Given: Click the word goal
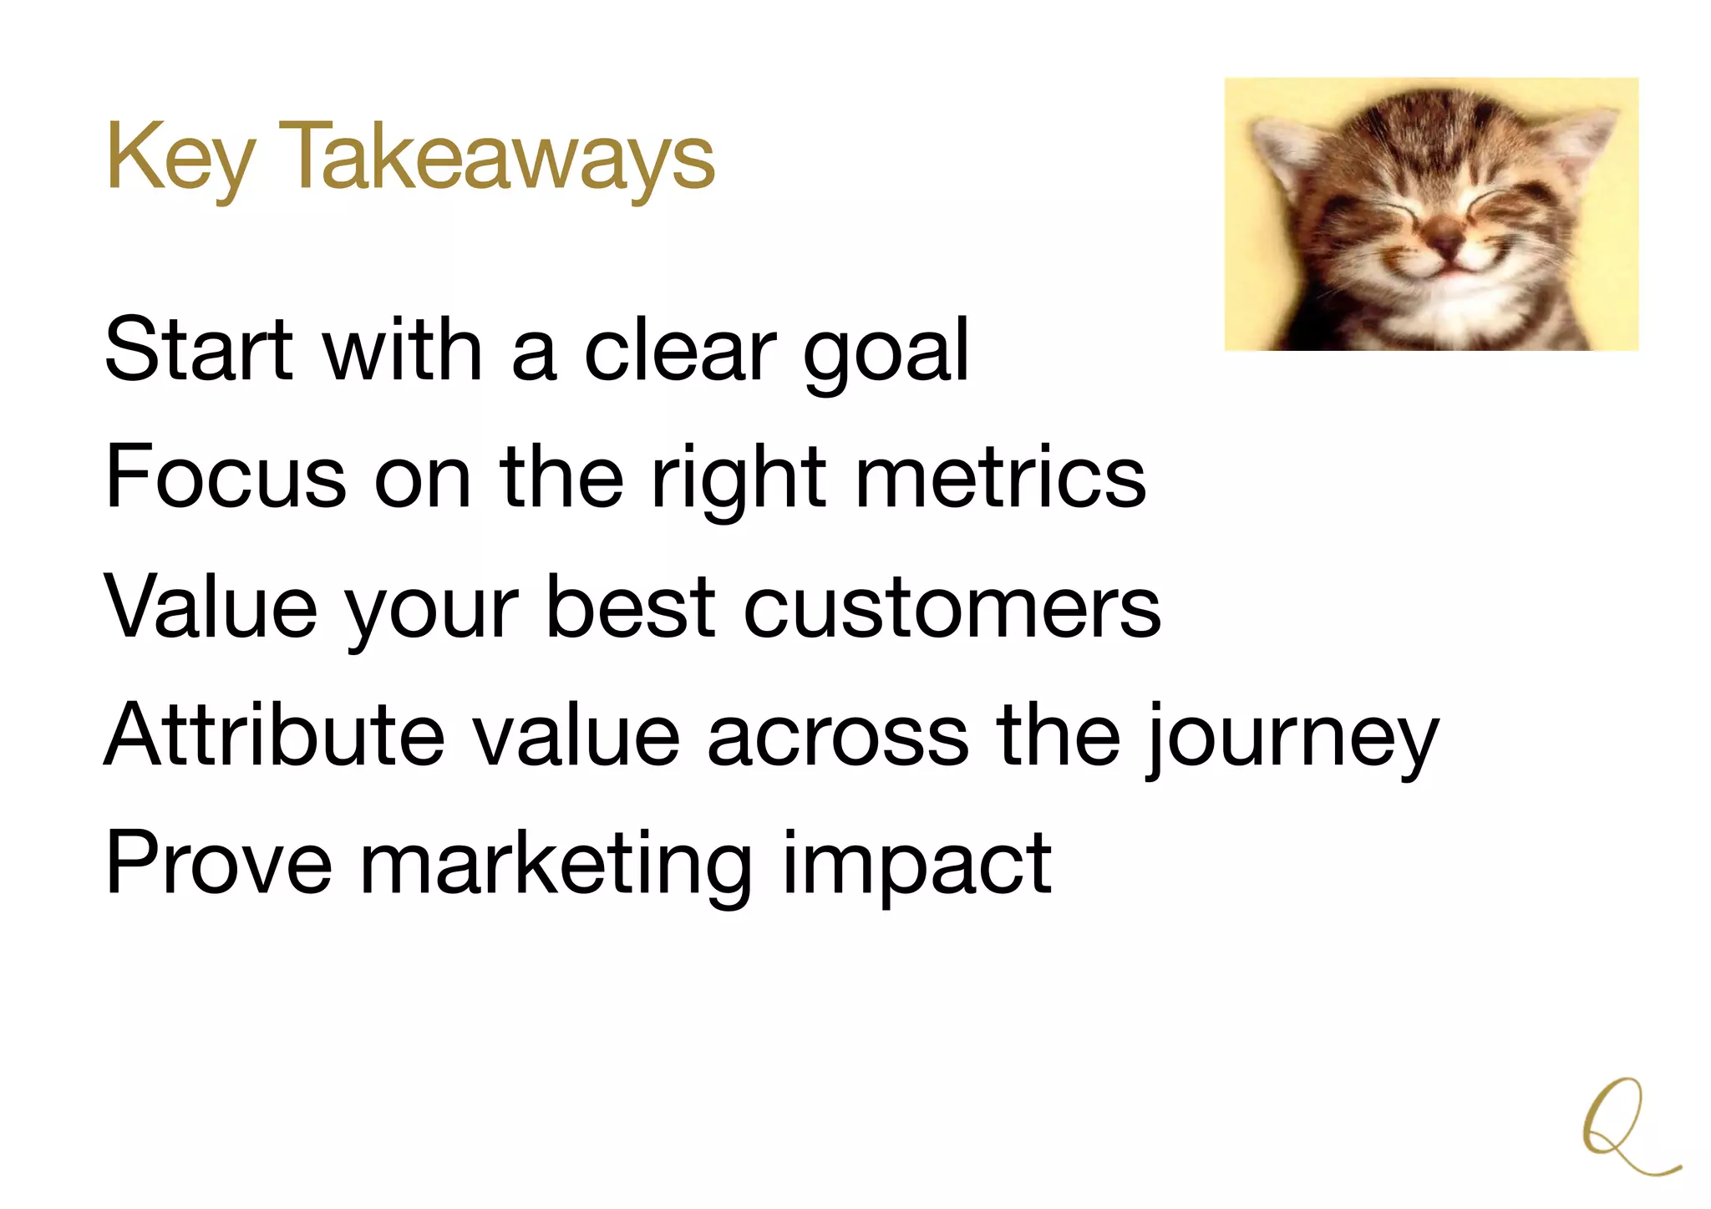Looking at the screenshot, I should tap(886, 355).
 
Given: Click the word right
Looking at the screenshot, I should tap(738, 480).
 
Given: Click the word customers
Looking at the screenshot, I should tap(952, 608).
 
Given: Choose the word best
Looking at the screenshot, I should tap(631, 607).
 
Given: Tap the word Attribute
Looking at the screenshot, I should tap(275, 734).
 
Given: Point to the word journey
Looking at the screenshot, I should tap(1292, 740).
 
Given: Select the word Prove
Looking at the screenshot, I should tap(219, 863).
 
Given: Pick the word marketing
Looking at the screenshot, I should tap(555, 866).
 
